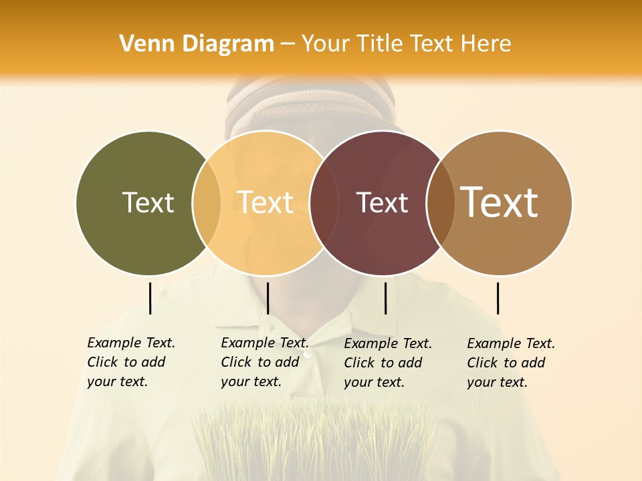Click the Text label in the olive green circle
[148, 202]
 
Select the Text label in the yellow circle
[265, 202]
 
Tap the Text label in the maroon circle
[382, 202]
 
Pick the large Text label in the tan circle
[500, 202]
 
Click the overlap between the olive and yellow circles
[207, 202]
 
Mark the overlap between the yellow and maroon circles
[324, 202]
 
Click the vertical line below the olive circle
[150, 298]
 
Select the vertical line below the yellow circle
[267, 298]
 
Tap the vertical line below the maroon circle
[385, 298]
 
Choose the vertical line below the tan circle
[498, 298]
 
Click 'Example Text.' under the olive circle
[131, 343]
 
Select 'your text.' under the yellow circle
[251, 381]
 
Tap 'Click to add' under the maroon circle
[383, 363]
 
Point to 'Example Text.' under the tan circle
[511, 343]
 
